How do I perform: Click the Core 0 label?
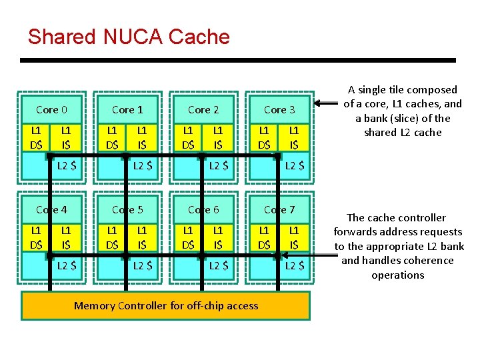pyautogui.click(x=51, y=109)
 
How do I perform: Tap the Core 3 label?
pyautogui.click(x=279, y=109)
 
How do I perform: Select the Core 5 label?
pyautogui.click(x=127, y=209)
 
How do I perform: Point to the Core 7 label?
pyautogui.click(x=279, y=209)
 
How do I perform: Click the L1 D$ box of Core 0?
pyautogui.click(x=36, y=138)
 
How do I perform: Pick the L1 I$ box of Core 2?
pyautogui.click(x=218, y=138)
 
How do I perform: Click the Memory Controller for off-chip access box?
pyautogui.click(x=166, y=306)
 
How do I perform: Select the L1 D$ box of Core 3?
pyautogui.click(x=264, y=138)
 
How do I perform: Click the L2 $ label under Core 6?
pyautogui.click(x=217, y=266)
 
